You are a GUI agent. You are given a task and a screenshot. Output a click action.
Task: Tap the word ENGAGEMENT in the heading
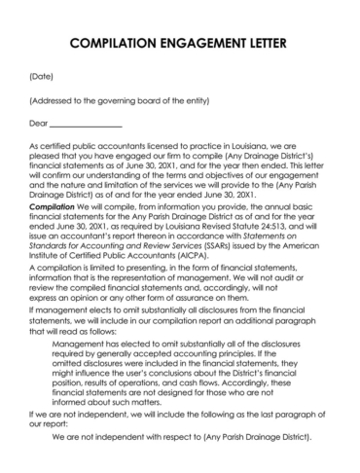point(200,45)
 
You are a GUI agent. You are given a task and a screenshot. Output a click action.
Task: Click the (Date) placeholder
point(42,75)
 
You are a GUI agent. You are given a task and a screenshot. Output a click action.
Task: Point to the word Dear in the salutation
point(39,125)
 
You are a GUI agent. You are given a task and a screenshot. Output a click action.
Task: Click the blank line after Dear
point(86,126)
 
